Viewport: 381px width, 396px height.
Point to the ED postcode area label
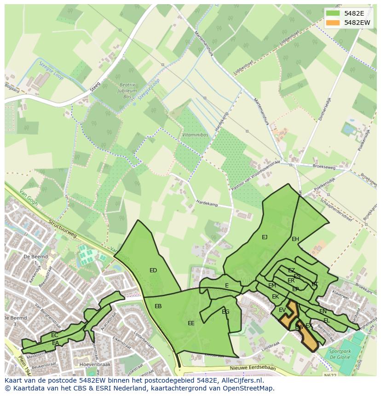[153, 270]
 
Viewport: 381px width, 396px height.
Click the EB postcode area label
[158, 306]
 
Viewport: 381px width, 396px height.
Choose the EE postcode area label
[191, 323]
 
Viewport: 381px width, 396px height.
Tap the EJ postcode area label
[265, 237]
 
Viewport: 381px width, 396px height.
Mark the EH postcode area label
[295, 239]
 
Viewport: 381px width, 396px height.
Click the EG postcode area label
[225, 312]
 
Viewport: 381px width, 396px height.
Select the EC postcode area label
[55, 335]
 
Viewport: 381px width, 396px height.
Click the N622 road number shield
[327, 376]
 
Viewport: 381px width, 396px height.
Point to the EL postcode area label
[326, 321]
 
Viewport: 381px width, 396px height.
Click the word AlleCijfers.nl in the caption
[241, 380]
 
